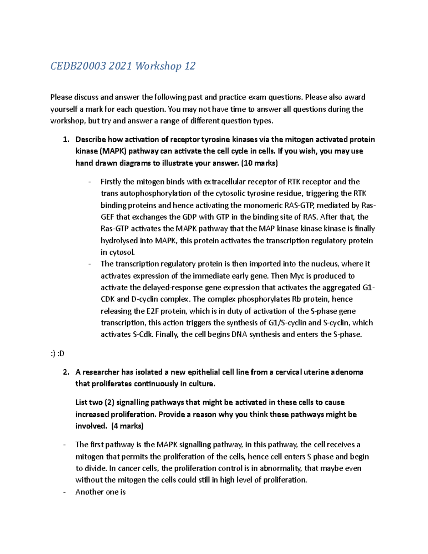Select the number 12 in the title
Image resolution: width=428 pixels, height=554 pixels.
(x=190, y=66)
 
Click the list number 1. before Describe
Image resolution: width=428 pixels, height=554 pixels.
(x=66, y=139)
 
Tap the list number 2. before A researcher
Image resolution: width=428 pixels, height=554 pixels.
(x=66, y=372)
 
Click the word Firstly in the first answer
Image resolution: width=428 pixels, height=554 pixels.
(x=111, y=182)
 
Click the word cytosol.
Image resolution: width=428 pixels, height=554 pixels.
(x=122, y=252)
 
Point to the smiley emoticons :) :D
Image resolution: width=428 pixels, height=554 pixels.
(x=57, y=354)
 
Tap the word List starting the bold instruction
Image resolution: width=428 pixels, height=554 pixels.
(x=82, y=402)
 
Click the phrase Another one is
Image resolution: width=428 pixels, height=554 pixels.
(x=101, y=492)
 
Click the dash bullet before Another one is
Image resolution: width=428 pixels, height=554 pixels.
(x=64, y=492)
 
